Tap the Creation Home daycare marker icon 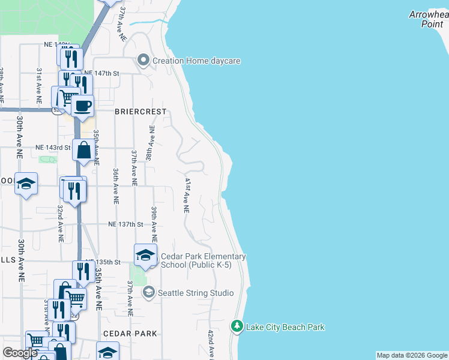(x=143, y=61)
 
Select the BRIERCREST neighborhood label (x=140, y=111)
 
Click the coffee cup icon (x=82, y=107)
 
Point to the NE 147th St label (x=102, y=73)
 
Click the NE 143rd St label (x=53, y=147)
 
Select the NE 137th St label (x=125, y=224)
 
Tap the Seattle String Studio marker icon (x=148, y=292)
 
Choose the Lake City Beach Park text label (x=286, y=327)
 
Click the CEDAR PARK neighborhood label (x=130, y=334)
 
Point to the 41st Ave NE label (x=187, y=196)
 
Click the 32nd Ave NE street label (x=60, y=223)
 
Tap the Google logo (x=20, y=353)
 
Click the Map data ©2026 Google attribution (x=412, y=355)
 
